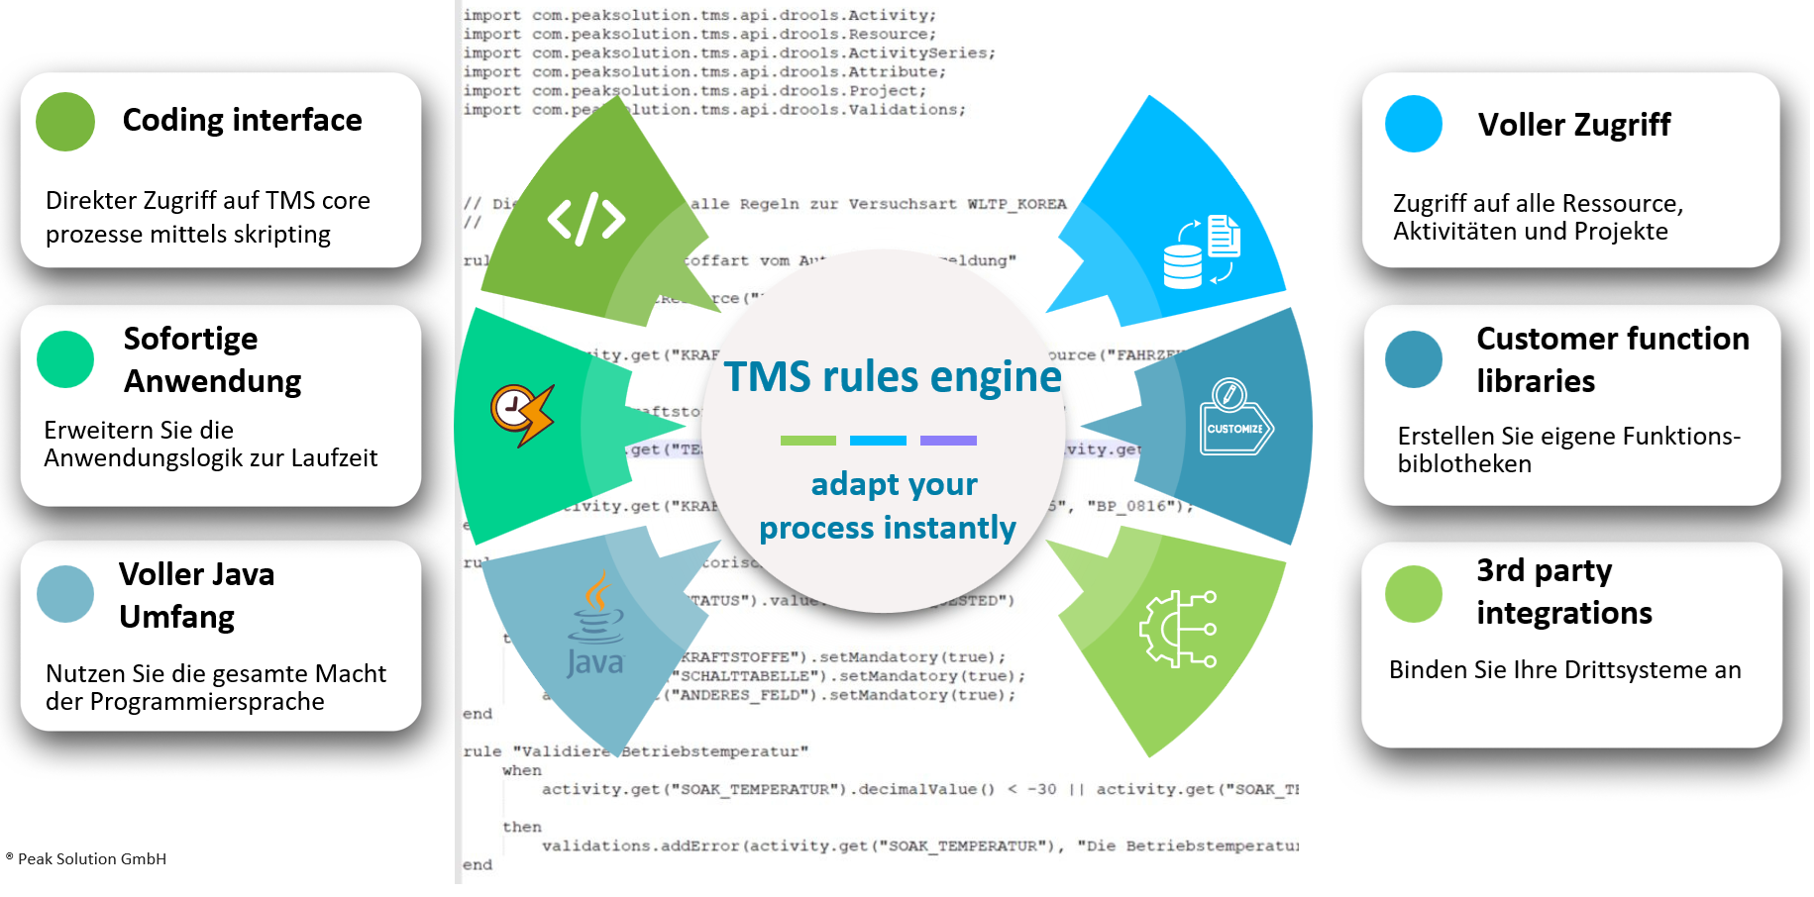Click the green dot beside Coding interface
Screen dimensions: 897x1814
pos(65,122)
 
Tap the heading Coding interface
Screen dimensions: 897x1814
pos(242,120)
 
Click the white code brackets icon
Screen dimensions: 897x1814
pos(587,219)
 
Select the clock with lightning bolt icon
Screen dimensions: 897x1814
pos(521,414)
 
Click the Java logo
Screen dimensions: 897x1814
pos(595,625)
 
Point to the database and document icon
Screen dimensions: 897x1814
pos(1202,252)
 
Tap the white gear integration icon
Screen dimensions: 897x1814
pos(1178,629)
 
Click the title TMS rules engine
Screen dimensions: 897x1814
pos(892,376)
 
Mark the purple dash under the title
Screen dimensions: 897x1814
pos(948,441)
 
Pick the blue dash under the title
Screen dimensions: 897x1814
pos(878,441)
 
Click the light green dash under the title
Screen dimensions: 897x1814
pos(807,441)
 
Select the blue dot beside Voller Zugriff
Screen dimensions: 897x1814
pos(1414,124)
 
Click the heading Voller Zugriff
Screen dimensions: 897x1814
pos(1573,125)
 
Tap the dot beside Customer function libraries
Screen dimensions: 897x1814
pos(1414,359)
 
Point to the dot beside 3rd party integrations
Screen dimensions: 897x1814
pos(1414,594)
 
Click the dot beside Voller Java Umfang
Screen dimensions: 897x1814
pos(65,594)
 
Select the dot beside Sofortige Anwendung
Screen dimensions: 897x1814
pos(65,359)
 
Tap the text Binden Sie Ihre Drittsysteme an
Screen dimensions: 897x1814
pos(1564,670)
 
